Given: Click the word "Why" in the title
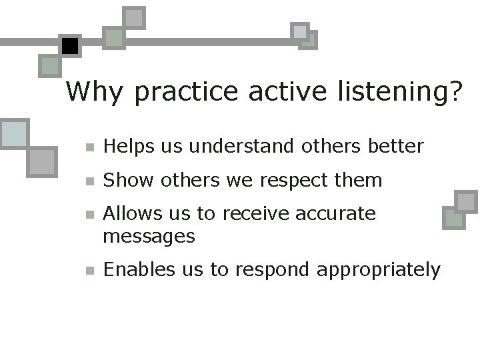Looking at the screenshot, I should pos(94,91).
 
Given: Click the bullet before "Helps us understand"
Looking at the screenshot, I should pos(90,147).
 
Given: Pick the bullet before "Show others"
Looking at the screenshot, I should pos(90,181).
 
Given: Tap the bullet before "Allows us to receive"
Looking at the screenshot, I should pos(90,215).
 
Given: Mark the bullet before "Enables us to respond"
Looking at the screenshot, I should pos(90,270).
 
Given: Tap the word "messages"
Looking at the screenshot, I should pos(149,235).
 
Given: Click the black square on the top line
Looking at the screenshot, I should pos(70,45).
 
